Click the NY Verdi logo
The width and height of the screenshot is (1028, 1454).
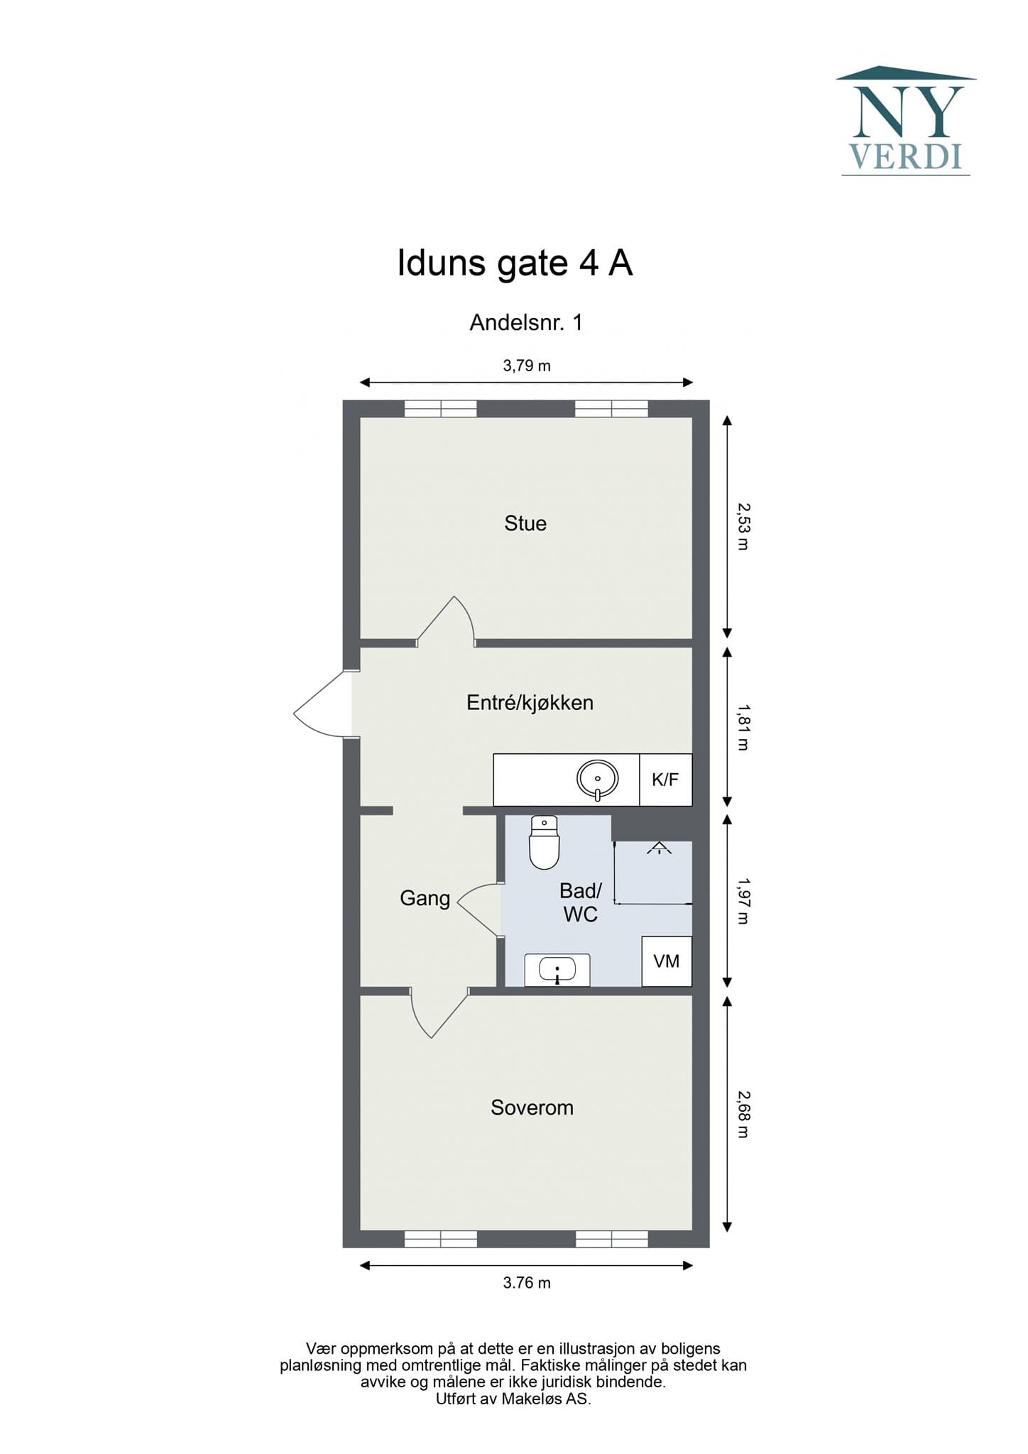(906, 120)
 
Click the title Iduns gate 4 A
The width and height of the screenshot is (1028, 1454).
(515, 263)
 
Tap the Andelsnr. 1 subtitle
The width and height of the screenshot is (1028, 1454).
(526, 322)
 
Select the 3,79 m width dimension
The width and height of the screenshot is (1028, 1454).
(527, 366)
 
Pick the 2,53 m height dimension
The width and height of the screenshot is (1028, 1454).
(743, 527)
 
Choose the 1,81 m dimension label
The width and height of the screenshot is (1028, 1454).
(743, 727)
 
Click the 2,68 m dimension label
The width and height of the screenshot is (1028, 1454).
(743, 1114)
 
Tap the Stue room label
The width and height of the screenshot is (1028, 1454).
(525, 523)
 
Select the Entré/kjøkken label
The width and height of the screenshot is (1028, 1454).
(530, 703)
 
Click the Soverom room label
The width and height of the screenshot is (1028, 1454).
(532, 1108)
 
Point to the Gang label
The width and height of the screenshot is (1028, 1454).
(425, 899)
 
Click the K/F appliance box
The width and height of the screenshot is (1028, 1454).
(666, 780)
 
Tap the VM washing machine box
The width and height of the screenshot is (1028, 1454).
(667, 961)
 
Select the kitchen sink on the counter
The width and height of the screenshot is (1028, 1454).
(598, 780)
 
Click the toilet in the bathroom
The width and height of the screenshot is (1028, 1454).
(545, 842)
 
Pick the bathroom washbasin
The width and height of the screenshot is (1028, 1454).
(557, 970)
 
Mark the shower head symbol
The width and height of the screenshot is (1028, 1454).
(659, 847)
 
